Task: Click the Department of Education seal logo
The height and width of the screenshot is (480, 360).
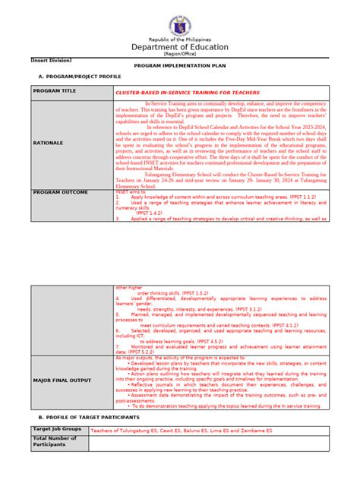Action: pos(179,25)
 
